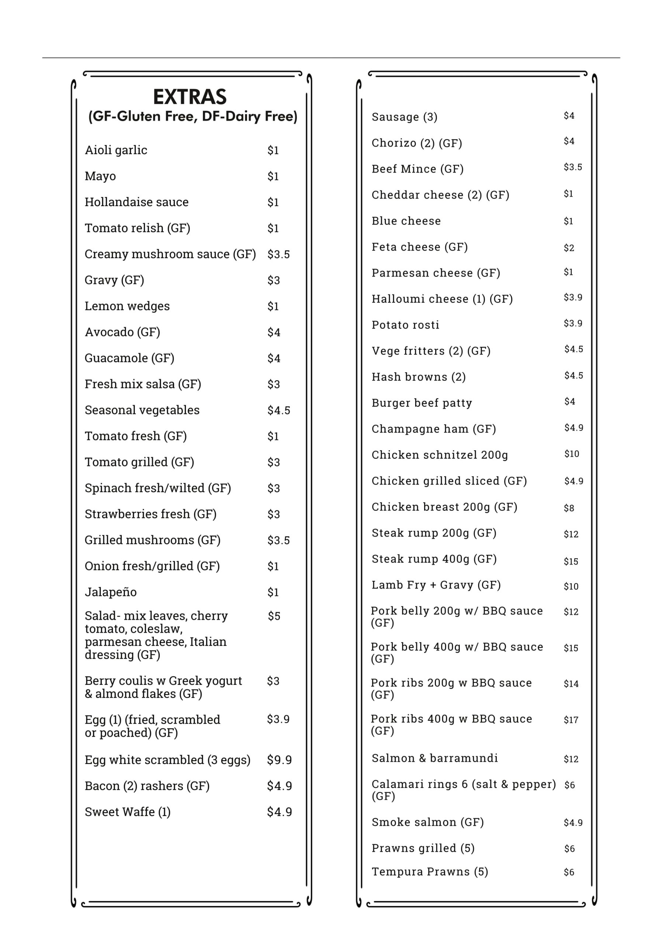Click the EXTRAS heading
pos(190,97)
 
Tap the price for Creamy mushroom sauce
pos(278,254)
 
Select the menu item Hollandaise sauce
pos(136,202)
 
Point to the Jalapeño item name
pos(111,592)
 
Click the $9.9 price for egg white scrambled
pos(279,760)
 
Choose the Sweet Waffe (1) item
pos(128,812)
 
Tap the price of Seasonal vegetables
pos(279,410)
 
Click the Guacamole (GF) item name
pos(129,358)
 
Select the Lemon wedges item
pos(127,306)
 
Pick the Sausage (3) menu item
pos(404,117)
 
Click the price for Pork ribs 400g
pos(571,720)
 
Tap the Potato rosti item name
pos(405,325)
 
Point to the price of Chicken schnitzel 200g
pos(572,454)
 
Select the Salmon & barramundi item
pos(434,758)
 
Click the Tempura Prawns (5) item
pos(430,872)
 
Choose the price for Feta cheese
pos(569,247)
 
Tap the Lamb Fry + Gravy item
pos(436,585)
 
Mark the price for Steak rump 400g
pos(571,561)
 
